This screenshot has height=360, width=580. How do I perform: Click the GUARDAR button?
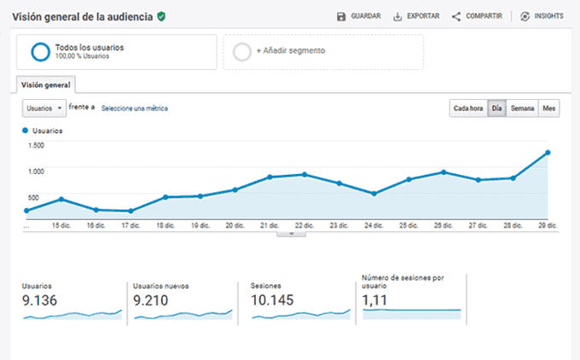(357, 16)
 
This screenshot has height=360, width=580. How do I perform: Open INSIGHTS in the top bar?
(542, 16)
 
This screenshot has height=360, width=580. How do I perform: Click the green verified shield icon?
(161, 16)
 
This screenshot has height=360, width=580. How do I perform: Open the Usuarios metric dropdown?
(44, 108)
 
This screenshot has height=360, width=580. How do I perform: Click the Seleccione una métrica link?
(135, 108)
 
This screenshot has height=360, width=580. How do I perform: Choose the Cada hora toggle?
(468, 108)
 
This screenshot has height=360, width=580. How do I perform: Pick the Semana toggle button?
(522, 108)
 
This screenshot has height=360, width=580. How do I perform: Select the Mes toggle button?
(549, 108)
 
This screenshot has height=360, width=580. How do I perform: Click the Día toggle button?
(496, 108)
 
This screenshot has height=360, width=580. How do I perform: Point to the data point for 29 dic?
(547, 153)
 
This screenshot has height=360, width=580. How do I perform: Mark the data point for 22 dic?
(304, 174)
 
